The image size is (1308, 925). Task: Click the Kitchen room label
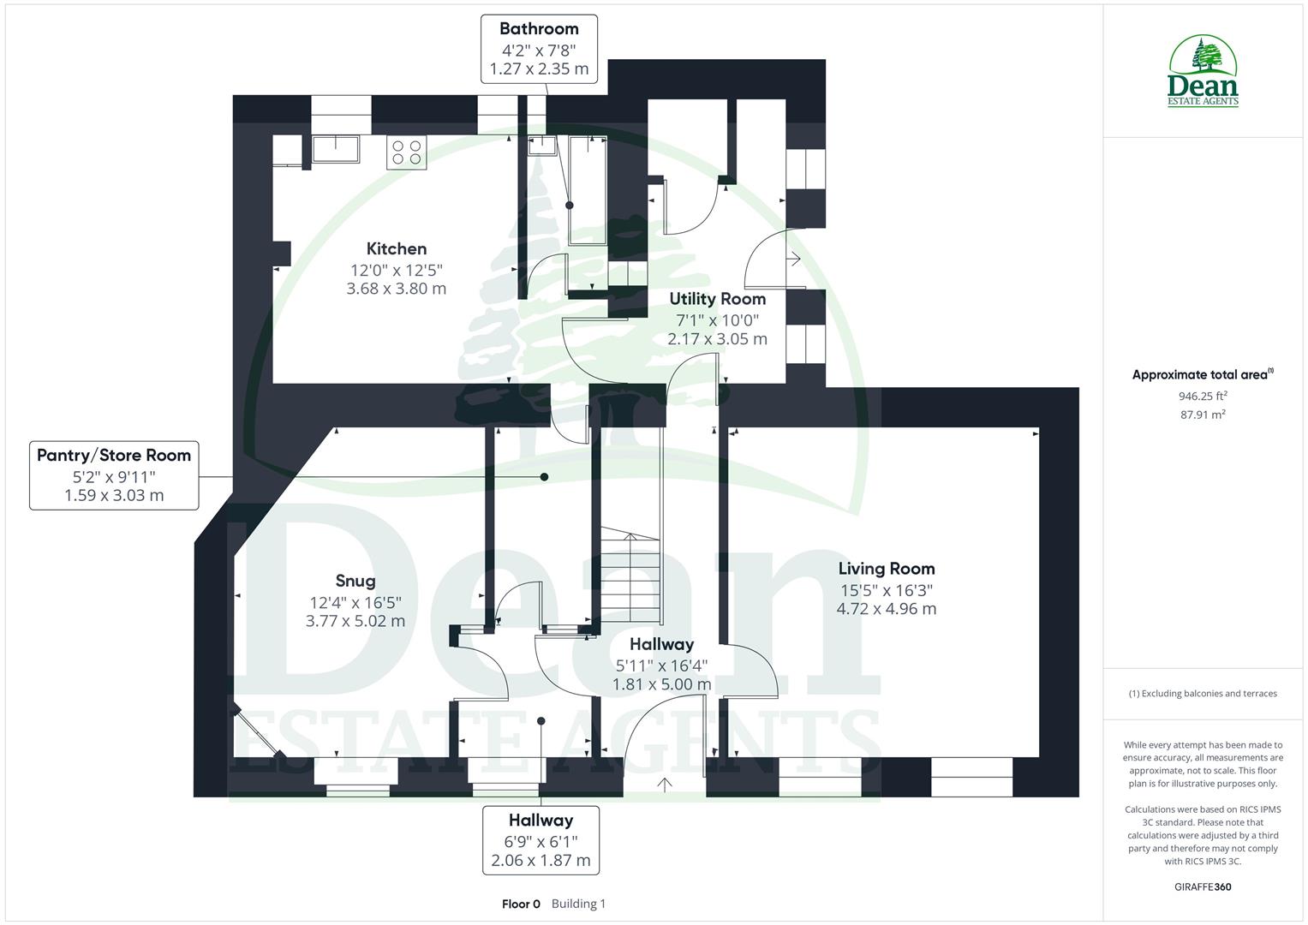click(x=396, y=249)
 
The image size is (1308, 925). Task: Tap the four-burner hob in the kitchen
click(x=406, y=152)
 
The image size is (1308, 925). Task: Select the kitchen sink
click(x=336, y=149)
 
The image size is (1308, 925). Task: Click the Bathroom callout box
click(x=539, y=49)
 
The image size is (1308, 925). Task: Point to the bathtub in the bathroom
click(x=588, y=188)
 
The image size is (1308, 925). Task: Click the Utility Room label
click(x=717, y=299)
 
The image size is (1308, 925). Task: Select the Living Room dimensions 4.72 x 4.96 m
click(x=886, y=609)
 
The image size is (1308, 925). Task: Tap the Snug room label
click(x=355, y=581)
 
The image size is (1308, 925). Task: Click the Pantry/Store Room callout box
click(x=114, y=475)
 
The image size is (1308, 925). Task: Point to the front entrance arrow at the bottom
click(x=665, y=783)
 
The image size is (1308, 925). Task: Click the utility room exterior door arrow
click(x=795, y=258)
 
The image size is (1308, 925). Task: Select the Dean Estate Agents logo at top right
click(x=1203, y=72)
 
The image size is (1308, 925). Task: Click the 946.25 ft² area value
click(x=1203, y=396)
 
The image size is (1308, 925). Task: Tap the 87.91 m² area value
click(x=1203, y=415)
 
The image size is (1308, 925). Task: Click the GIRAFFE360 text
click(x=1203, y=886)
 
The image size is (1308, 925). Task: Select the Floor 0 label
click(x=521, y=904)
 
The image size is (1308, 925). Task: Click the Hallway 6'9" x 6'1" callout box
click(x=541, y=839)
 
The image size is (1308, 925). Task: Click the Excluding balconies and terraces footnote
click(x=1203, y=694)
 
